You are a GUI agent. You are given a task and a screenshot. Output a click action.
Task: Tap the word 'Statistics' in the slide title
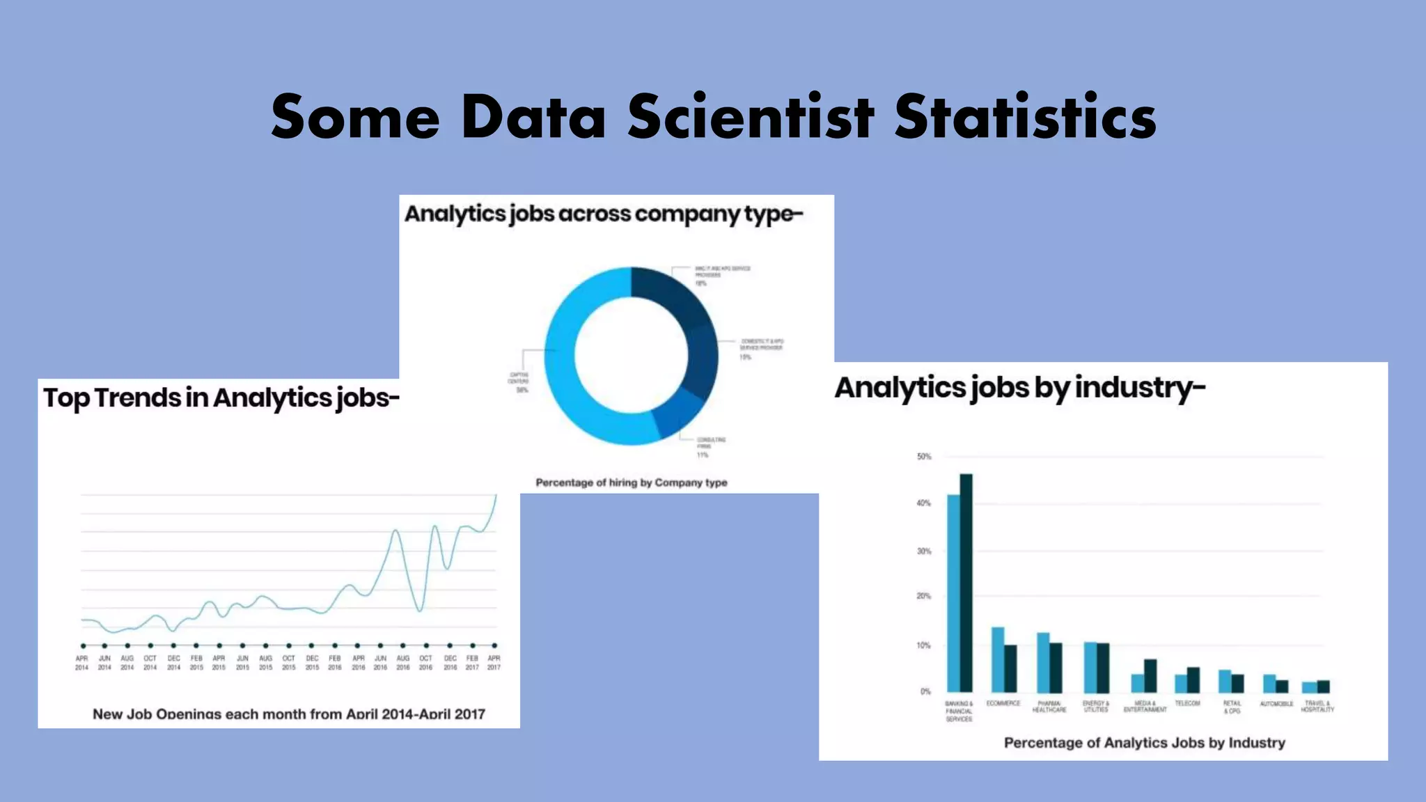pyautogui.click(x=1025, y=116)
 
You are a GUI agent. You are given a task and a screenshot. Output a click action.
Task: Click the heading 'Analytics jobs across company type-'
pyautogui.click(x=604, y=214)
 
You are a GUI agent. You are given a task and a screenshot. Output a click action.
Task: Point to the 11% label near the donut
pyautogui.click(x=703, y=455)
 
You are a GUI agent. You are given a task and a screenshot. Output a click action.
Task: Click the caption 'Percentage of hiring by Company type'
pyautogui.click(x=631, y=482)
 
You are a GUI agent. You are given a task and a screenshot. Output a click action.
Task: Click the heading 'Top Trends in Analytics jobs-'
pyautogui.click(x=221, y=398)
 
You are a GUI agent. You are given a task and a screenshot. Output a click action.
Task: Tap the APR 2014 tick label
pyautogui.click(x=81, y=663)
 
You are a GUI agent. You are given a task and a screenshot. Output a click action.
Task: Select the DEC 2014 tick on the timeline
pyautogui.click(x=173, y=663)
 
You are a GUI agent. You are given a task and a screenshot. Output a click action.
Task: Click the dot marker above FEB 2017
pyautogui.click(x=473, y=646)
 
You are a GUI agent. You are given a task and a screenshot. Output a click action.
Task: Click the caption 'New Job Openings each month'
pyautogui.click(x=288, y=714)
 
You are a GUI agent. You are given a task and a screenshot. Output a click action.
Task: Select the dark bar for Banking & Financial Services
pyautogui.click(x=966, y=583)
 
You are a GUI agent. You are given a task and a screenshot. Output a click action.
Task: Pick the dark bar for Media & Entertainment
pyautogui.click(x=1151, y=675)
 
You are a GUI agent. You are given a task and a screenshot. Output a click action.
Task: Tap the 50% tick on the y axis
pyautogui.click(x=924, y=457)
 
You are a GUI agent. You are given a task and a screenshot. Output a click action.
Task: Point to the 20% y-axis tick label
pyautogui.click(x=923, y=596)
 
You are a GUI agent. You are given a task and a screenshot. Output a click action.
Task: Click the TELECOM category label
pyautogui.click(x=1187, y=703)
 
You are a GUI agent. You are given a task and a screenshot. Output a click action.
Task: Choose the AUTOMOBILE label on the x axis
pyautogui.click(x=1276, y=704)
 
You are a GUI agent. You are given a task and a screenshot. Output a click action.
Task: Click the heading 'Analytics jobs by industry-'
pyautogui.click(x=1019, y=388)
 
